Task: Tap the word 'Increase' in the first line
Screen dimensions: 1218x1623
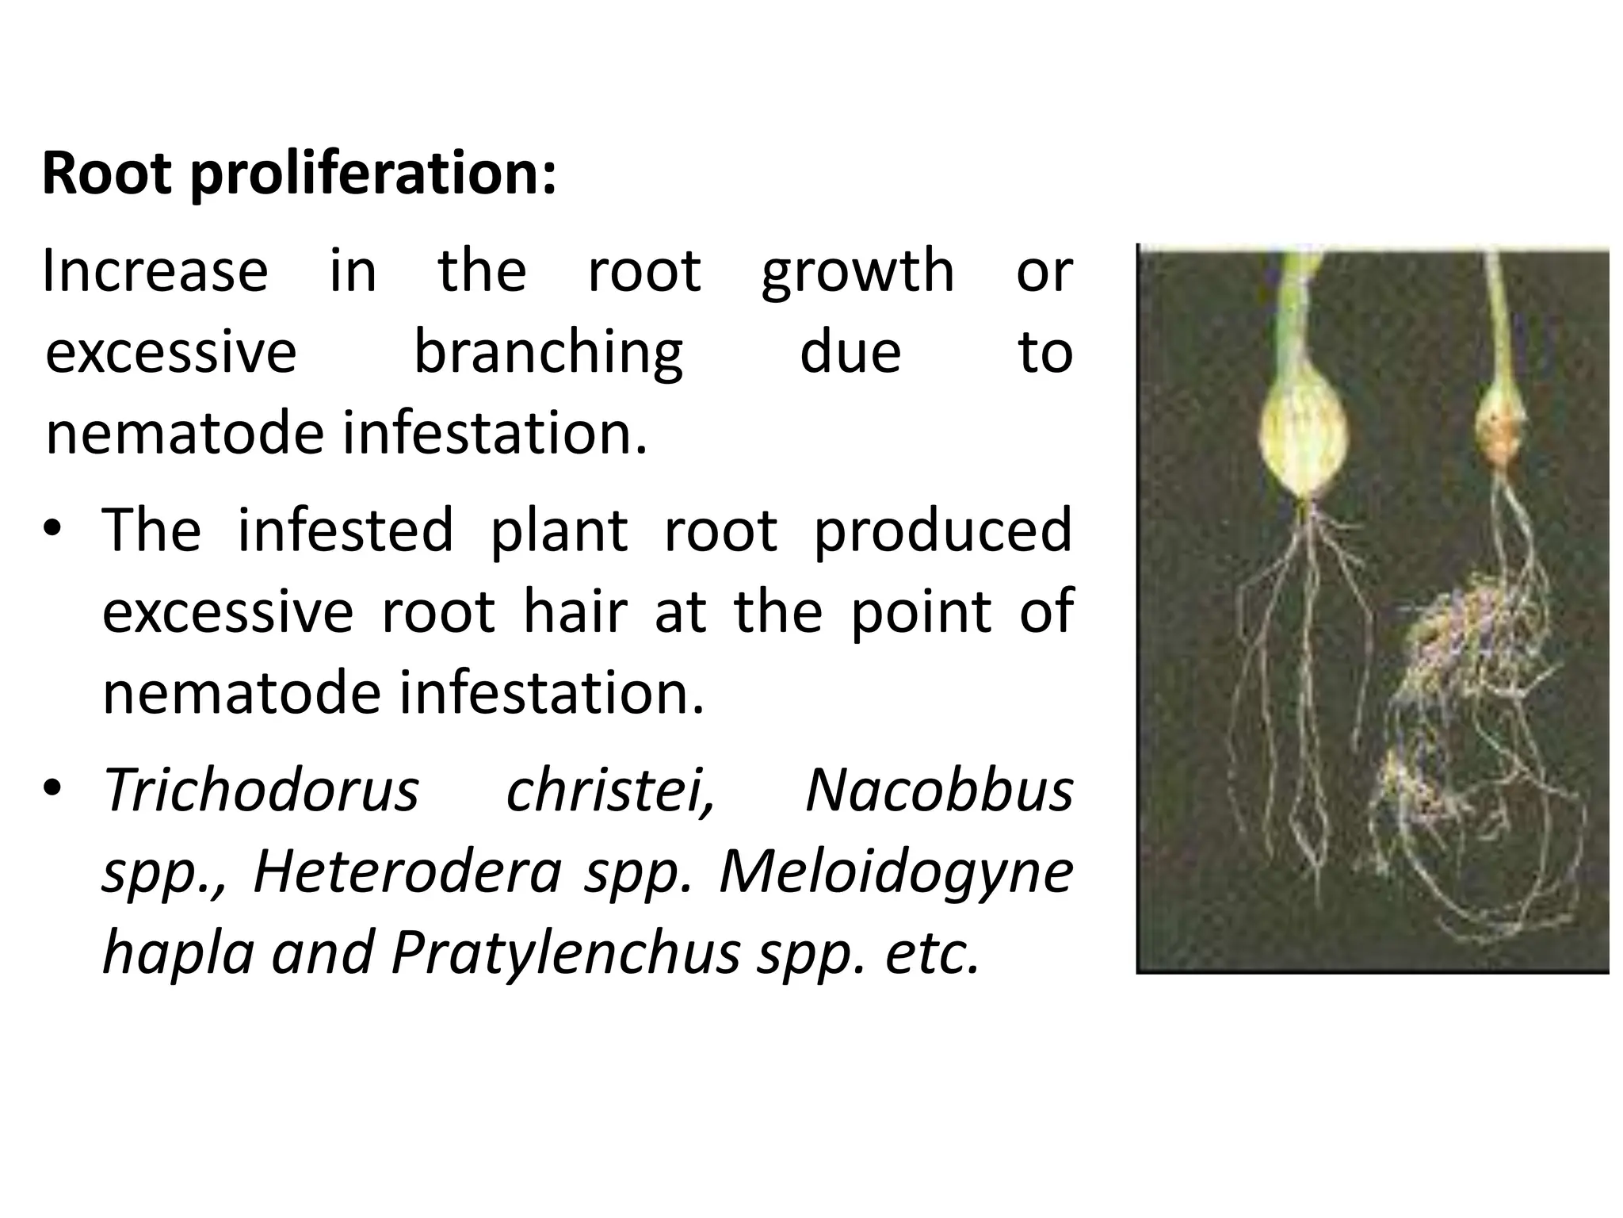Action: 155,271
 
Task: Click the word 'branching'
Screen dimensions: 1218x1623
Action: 548,354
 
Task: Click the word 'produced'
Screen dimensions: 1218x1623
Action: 942,530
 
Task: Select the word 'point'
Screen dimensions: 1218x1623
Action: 921,611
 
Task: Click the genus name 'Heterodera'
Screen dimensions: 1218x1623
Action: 407,871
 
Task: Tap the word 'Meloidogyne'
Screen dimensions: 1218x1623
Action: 896,873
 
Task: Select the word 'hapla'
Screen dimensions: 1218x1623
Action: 178,953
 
